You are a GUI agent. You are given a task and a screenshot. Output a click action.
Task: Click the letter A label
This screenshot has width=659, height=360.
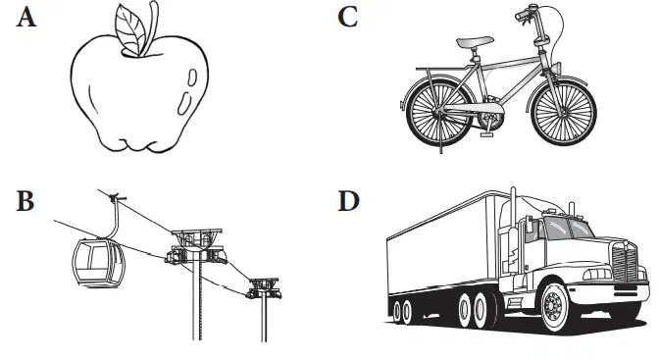coord(26,18)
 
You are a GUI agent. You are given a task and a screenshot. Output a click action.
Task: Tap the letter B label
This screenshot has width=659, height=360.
coord(25,201)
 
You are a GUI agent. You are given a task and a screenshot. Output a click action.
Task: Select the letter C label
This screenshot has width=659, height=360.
coord(348,18)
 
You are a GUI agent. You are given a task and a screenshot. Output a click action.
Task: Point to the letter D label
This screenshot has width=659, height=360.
coord(349,201)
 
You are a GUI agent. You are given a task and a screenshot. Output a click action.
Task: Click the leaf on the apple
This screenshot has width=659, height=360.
coord(130,30)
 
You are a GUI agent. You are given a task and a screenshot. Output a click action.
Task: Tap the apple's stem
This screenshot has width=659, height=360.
coord(152,26)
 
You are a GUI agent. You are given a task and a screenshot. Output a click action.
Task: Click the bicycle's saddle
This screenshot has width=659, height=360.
coord(475,41)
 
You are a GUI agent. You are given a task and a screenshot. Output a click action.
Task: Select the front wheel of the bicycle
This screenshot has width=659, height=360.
coord(564,112)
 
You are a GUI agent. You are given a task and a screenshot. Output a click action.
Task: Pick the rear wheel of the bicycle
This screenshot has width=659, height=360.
coord(439,112)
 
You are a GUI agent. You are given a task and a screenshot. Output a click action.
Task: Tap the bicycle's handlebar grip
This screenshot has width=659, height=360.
coord(522,16)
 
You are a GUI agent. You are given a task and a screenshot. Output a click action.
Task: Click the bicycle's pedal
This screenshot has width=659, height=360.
coord(486,134)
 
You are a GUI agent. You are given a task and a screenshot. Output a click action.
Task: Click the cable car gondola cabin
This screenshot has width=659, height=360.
coord(99,263)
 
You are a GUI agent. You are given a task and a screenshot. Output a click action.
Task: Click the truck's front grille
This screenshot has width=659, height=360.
coord(625,261)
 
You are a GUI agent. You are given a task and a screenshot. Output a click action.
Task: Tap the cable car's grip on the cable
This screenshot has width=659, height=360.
coord(114,196)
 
